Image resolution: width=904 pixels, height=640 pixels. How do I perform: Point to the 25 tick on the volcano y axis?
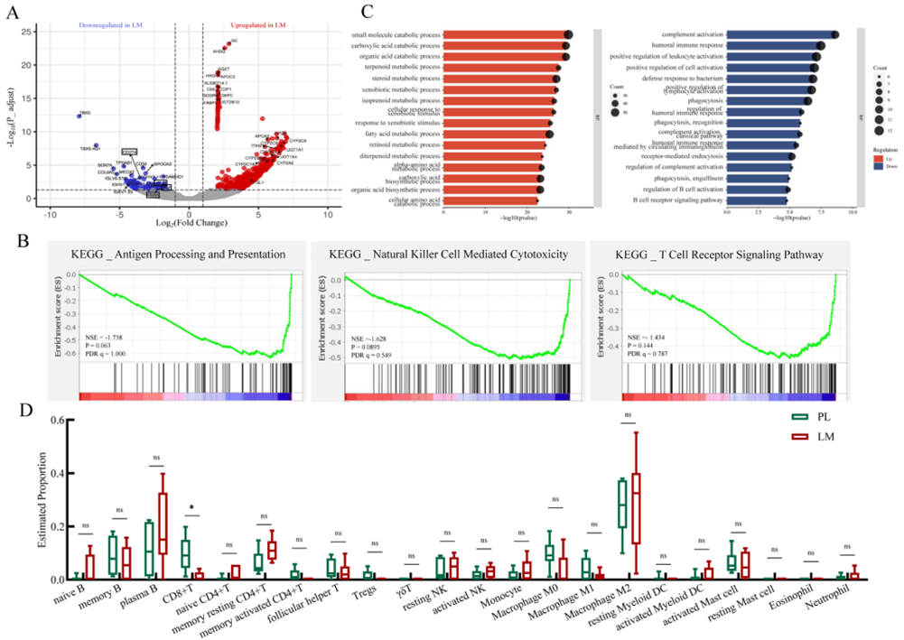(x=29, y=33)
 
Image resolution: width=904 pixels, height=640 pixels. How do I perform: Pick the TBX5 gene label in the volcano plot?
(x=85, y=114)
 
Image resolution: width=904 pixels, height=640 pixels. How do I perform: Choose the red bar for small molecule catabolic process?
(x=506, y=34)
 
